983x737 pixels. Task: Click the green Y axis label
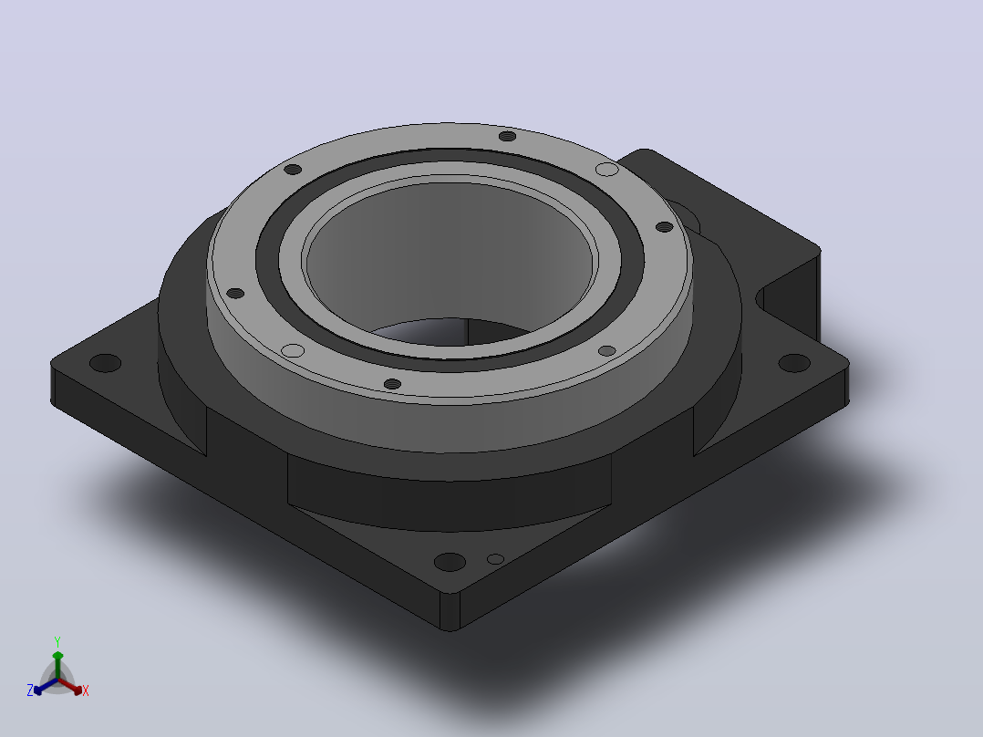click(57, 641)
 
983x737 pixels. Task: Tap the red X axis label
click(86, 690)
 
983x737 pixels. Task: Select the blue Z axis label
click(30, 690)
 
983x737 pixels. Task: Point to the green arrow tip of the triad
click(57, 654)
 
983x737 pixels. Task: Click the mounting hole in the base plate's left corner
click(106, 362)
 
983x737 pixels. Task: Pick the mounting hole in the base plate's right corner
click(794, 362)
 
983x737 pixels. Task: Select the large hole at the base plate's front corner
click(450, 561)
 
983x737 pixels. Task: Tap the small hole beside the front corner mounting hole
click(495, 559)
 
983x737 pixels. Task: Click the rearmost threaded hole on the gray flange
click(507, 136)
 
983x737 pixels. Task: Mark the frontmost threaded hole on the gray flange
click(392, 384)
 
